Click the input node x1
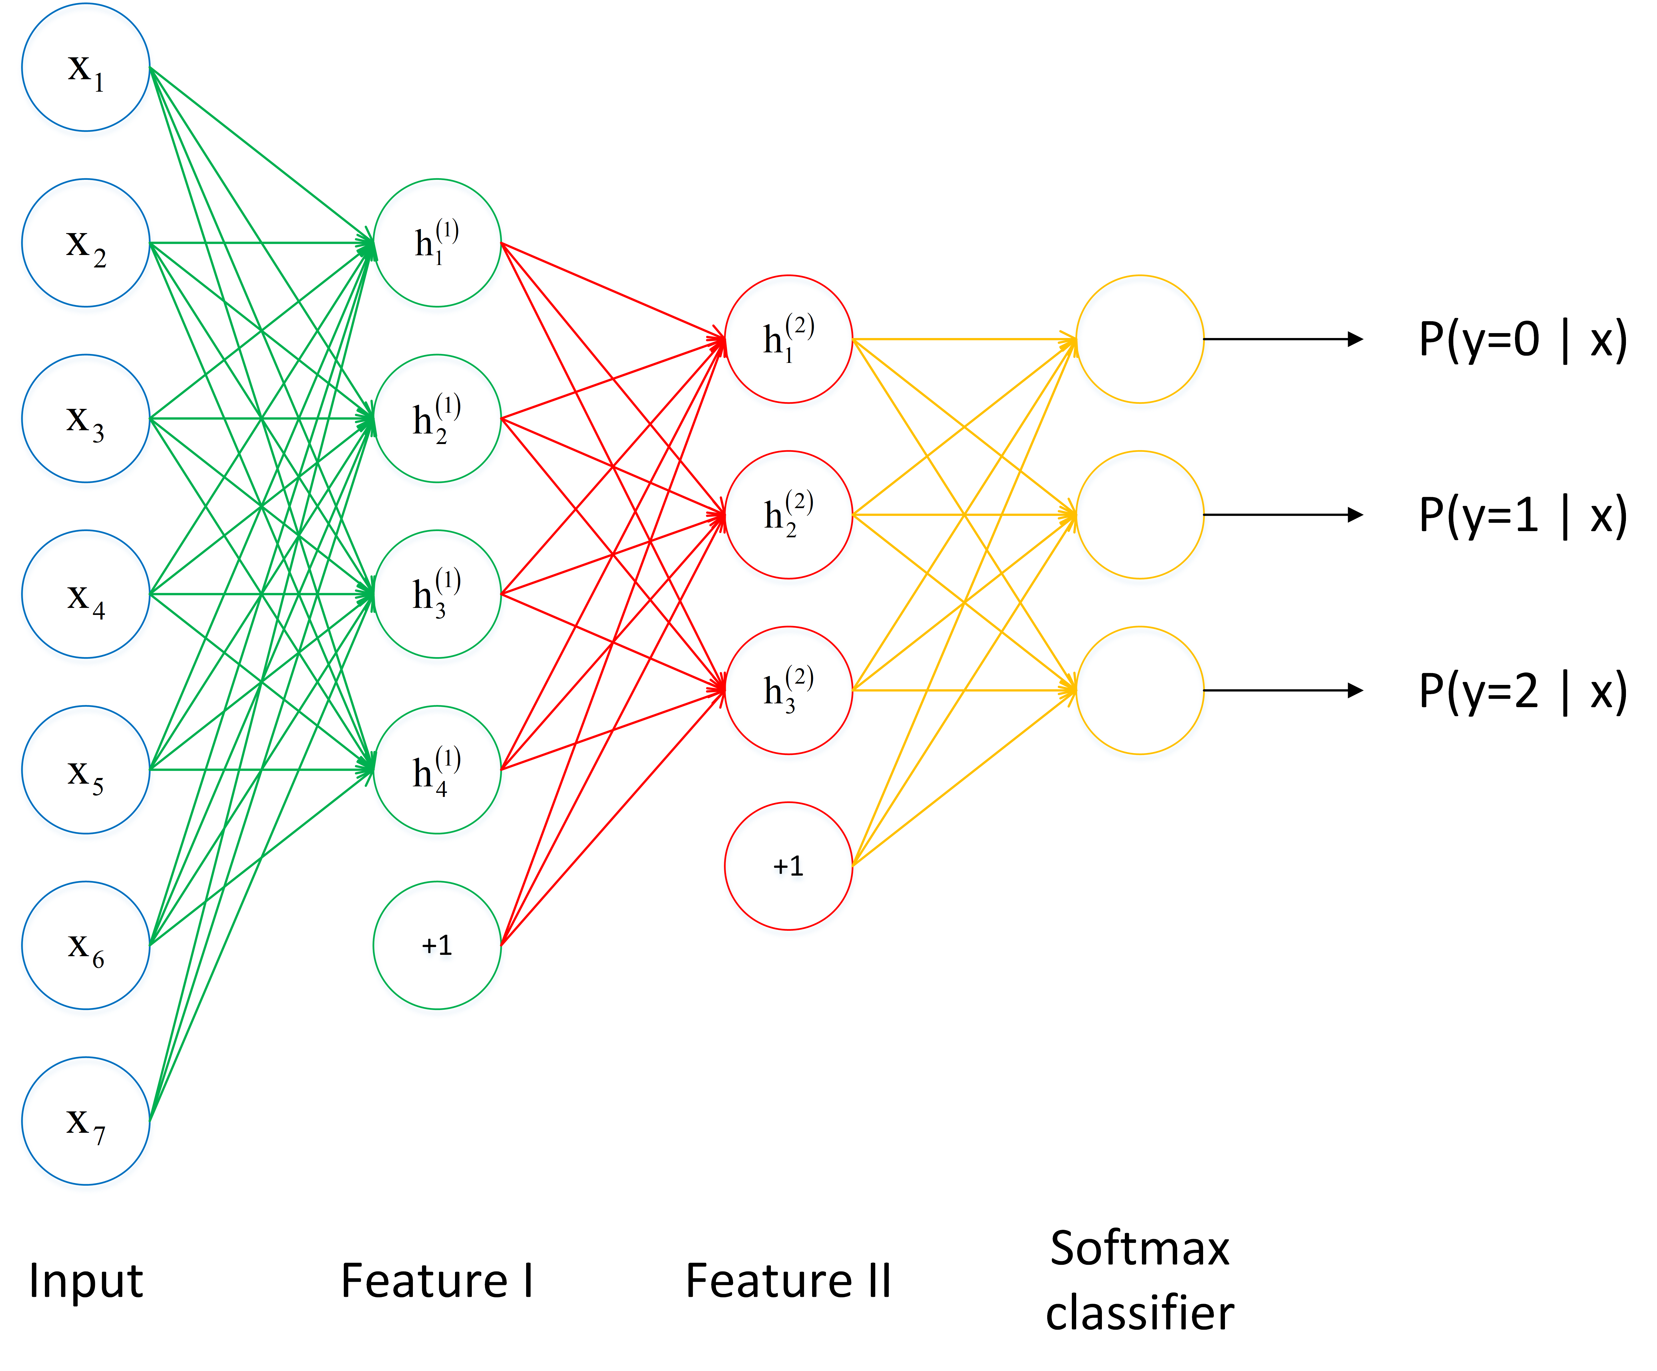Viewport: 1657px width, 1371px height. tap(85, 68)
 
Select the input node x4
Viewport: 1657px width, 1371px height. tap(85, 594)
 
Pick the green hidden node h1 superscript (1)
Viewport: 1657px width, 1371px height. tap(437, 243)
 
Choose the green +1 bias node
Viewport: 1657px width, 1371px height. tap(437, 945)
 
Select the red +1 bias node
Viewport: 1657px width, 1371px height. tap(788, 866)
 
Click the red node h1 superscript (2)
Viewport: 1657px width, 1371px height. tap(788, 339)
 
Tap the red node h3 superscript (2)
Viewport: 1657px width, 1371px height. tap(788, 690)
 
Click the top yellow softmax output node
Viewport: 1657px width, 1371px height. tap(1139, 339)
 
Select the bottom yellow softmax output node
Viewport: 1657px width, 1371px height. tap(1139, 690)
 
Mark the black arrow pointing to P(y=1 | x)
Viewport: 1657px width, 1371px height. tap(1282, 515)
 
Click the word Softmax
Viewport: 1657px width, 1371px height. tap(1139, 1249)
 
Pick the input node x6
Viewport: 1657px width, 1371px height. tap(85, 945)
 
